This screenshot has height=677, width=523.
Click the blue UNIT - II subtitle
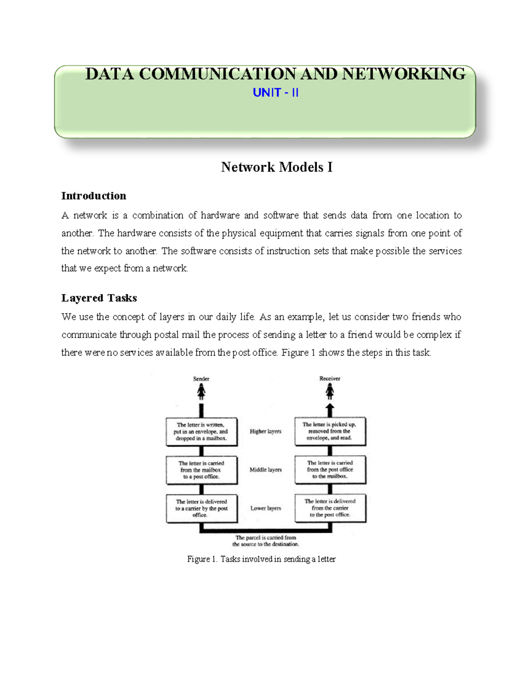coord(275,92)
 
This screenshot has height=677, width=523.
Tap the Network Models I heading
coord(276,167)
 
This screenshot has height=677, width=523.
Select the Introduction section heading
coord(94,196)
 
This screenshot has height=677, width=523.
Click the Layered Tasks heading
coord(99,298)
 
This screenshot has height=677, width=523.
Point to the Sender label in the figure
coord(201,379)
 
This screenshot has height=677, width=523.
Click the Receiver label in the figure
coord(329,378)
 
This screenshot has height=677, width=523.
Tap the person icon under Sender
coord(201,392)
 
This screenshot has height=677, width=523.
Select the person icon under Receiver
coord(330,391)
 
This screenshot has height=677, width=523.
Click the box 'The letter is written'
coord(201,432)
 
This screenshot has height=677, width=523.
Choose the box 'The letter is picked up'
coord(330,431)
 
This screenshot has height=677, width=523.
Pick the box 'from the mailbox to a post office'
coord(201,470)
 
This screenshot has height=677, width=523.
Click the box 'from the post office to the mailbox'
coord(330,469)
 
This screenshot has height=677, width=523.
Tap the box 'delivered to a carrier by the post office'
coord(201,508)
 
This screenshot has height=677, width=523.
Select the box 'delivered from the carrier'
coord(330,508)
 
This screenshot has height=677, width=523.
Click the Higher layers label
coord(265,432)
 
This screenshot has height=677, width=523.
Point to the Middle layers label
coord(265,470)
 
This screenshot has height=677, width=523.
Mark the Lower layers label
coord(265,508)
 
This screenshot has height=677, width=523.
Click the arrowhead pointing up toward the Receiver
coord(330,408)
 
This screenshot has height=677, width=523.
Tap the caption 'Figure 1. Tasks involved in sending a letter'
coord(261,559)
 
